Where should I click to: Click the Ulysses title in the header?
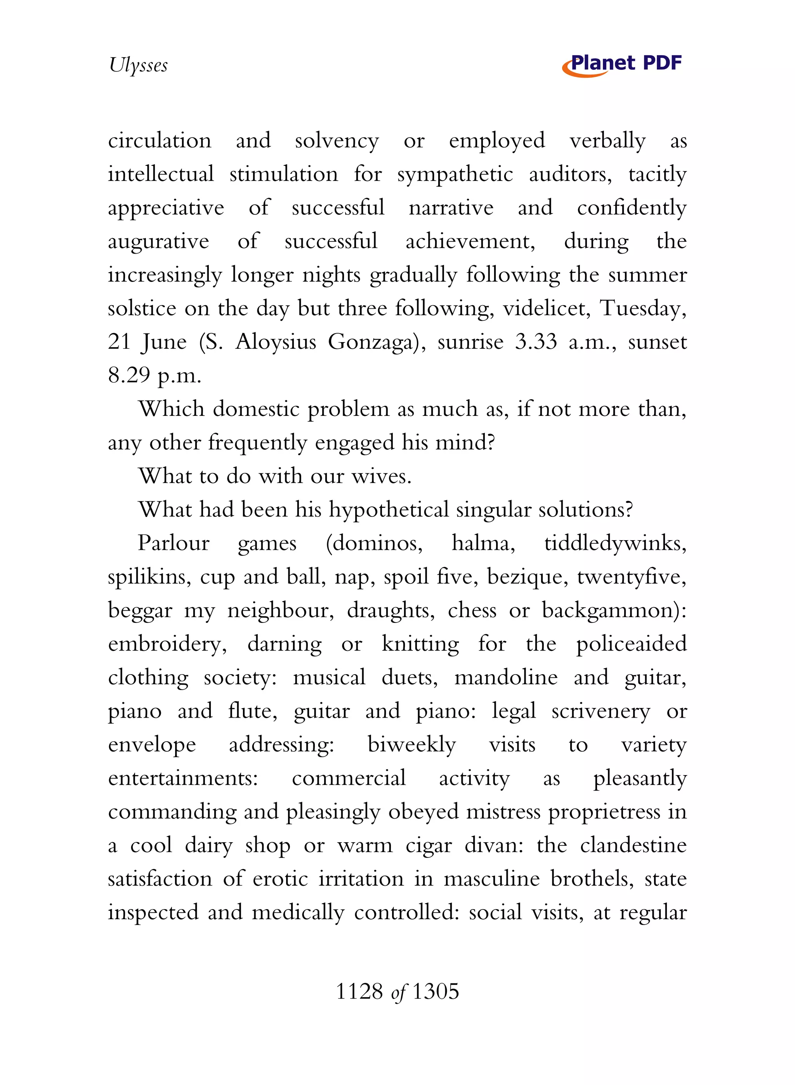(138, 65)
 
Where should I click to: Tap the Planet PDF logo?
(622, 64)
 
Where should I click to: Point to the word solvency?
(337, 141)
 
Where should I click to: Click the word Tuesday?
(642, 309)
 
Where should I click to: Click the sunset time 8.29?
(129, 376)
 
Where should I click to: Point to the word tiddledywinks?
(614, 543)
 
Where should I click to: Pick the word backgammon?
(610, 611)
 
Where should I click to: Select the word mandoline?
(506, 678)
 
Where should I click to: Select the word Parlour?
(174, 543)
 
